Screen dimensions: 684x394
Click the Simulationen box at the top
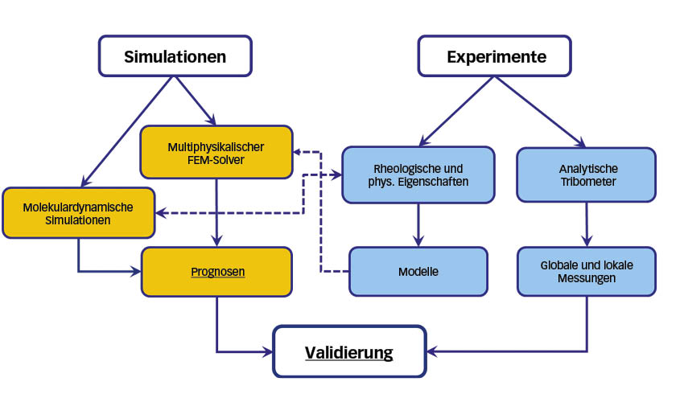click(175, 56)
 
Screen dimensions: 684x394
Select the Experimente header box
click(495, 56)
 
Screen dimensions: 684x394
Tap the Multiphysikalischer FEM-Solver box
click(216, 152)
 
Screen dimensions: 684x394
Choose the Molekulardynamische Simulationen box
click(79, 213)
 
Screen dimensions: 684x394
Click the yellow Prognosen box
click(216, 272)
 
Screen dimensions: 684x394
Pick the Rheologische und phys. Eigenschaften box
click(418, 174)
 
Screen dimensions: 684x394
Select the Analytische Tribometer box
click(587, 174)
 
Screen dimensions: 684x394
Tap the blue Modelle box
click(418, 272)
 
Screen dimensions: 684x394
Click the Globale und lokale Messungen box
click(587, 272)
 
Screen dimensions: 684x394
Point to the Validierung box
click(349, 351)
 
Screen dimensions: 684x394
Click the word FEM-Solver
click(216, 160)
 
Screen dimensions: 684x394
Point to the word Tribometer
click(588, 182)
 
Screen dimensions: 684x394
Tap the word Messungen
click(587, 278)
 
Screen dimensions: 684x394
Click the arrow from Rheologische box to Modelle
click(418, 225)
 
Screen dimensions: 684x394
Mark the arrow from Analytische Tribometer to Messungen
click(587, 224)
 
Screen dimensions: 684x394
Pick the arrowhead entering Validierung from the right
click(432, 351)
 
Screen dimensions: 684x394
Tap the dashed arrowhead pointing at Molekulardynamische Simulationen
click(161, 213)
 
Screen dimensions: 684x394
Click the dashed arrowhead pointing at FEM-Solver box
click(298, 152)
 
